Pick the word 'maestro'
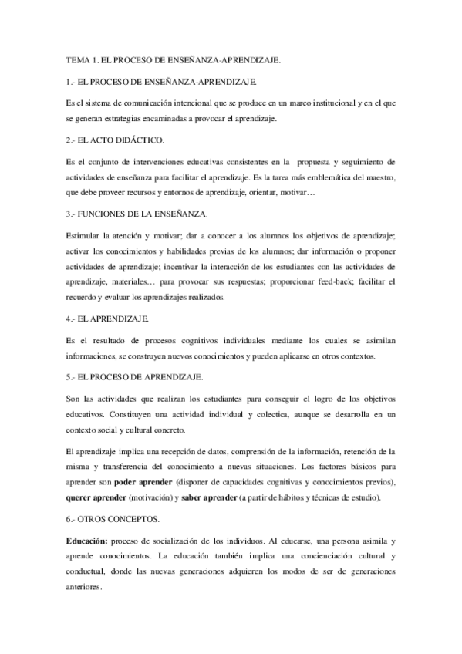(x=377, y=177)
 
